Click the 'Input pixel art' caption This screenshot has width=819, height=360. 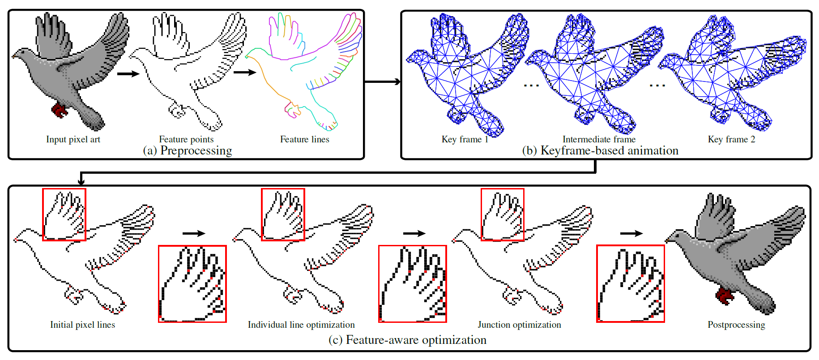coord(73,139)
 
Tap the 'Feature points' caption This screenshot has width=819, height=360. coord(186,139)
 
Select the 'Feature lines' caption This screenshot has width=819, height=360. coord(304,139)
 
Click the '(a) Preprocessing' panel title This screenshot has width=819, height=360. coord(188,150)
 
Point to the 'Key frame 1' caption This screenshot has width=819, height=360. coord(465,139)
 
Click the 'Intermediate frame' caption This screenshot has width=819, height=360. coord(599,139)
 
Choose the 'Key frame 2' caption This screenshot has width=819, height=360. coord(731,139)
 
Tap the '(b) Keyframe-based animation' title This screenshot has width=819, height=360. coord(600,150)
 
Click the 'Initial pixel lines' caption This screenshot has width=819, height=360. coord(82,325)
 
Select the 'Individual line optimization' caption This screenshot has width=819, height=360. coord(301,325)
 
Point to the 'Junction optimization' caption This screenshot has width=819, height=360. coord(519,325)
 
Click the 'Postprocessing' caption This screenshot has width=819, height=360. coord(736,325)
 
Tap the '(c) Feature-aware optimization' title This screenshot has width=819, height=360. coord(407,340)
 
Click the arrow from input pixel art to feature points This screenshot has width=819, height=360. coord(128,73)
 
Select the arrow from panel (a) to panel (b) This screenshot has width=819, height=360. coord(383,81)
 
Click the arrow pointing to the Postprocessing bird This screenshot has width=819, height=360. coord(631,233)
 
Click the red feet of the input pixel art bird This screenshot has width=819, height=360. coord(59,110)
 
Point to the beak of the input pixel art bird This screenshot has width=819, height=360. coord(13,57)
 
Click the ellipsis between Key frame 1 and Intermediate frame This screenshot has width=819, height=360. coord(531,85)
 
